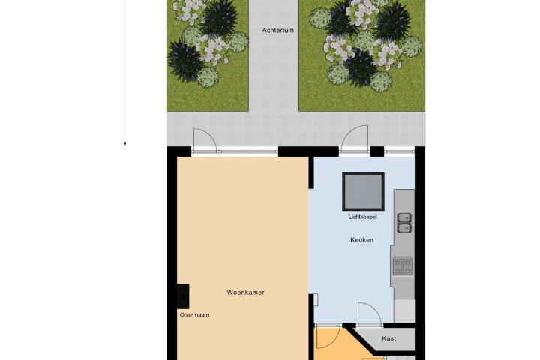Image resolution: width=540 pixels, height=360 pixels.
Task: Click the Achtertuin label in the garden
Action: click(x=278, y=30)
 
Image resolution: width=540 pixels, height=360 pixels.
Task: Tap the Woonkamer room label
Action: click(x=245, y=292)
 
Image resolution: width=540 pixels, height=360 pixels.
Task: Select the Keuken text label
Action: click(x=361, y=240)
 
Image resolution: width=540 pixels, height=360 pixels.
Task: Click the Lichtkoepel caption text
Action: click(x=363, y=217)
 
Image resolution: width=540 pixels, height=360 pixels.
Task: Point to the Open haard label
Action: click(x=194, y=315)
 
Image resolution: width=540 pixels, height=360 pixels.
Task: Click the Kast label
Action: click(x=388, y=339)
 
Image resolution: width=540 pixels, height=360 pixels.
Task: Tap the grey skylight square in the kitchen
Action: click(x=363, y=192)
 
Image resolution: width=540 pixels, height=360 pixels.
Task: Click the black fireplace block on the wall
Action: click(x=183, y=296)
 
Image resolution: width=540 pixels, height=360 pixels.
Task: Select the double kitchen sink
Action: click(x=404, y=223)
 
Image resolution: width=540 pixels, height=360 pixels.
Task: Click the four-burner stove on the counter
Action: click(x=403, y=267)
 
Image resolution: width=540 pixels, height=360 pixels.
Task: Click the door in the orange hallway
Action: click(x=329, y=337)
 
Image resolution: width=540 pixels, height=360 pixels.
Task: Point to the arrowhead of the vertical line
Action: click(x=124, y=145)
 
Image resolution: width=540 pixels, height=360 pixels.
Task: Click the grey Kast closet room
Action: click(x=389, y=340)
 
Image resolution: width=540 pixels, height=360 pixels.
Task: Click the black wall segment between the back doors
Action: click(x=308, y=151)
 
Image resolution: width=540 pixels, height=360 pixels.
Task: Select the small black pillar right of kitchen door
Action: click(x=376, y=151)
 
